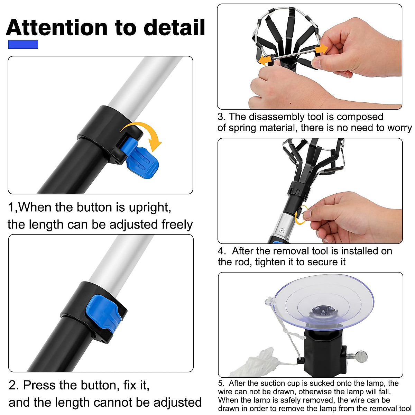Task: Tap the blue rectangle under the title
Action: tap(23, 45)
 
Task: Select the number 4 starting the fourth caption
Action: tap(221, 251)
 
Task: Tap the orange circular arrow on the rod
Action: tap(300, 215)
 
